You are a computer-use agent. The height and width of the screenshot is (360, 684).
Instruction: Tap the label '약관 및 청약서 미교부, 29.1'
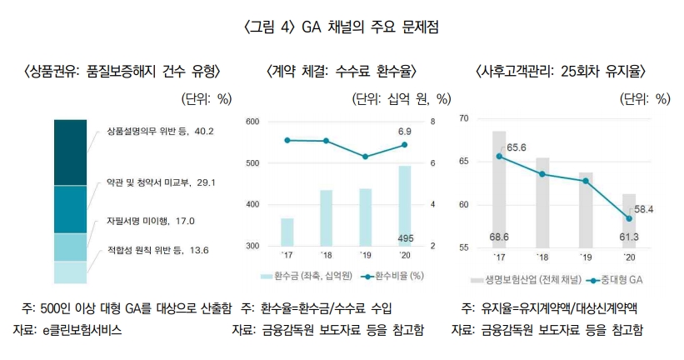click(x=155, y=182)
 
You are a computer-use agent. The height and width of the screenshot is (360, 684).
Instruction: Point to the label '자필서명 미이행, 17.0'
click(x=150, y=222)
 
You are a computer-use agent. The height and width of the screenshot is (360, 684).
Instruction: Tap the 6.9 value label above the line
click(x=404, y=132)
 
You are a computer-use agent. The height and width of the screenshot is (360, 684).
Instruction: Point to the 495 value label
click(x=405, y=239)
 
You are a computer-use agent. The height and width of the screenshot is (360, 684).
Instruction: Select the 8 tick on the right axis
click(x=432, y=122)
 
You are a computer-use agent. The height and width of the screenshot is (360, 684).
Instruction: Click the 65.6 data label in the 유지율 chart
click(x=516, y=147)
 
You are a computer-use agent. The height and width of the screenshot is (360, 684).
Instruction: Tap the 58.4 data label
click(x=643, y=208)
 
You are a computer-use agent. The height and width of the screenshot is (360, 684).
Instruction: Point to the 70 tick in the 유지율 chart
click(x=465, y=119)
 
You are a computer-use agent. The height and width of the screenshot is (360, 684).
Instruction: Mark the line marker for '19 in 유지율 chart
click(x=587, y=181)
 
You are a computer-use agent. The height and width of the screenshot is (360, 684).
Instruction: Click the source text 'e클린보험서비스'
click(x=82, y=330)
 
